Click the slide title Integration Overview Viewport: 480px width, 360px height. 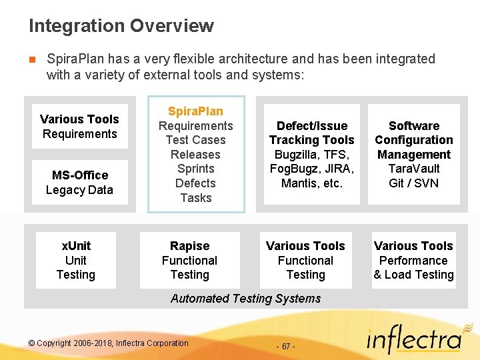(x=121, y=26)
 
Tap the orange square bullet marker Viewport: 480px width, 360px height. (x=32, y=59)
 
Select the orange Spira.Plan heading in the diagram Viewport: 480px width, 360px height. (x=195, y=111)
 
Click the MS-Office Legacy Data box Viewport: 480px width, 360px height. (x=79, y=183)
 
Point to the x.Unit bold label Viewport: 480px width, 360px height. (x=75, y=246)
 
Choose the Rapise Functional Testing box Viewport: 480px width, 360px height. (x=189, y=260)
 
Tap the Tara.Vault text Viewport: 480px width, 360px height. (x=413, y=169)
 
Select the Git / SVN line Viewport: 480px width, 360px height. (x=413, y=183)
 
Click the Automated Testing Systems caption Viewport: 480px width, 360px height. (x=245, y=299)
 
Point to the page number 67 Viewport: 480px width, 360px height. (x=285, y=347)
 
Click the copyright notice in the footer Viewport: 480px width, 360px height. (x=109, y=343)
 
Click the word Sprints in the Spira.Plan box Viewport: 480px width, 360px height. (x=195, y=169)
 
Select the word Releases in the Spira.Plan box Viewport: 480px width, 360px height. (x=195, y=155)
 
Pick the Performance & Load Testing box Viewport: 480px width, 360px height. (x=413, y=260)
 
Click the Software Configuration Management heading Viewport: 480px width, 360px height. (x=413, y=140)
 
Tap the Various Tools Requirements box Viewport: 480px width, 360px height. (x=79, y=127)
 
